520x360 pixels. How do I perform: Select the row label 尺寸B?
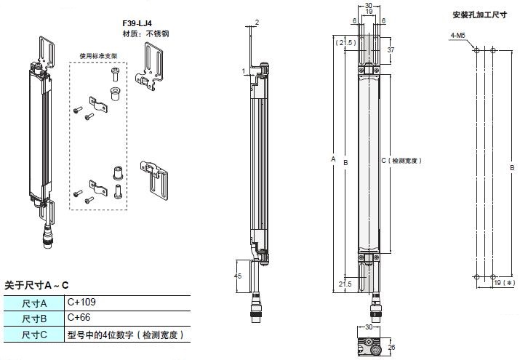pos(34,319)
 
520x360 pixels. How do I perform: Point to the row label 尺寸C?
pos(34,335)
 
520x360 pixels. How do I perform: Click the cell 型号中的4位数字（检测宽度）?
pos(124,335)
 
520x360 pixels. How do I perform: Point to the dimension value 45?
pos(239,276)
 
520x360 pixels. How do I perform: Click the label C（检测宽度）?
pos(401,160)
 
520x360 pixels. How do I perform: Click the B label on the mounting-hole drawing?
pos(512,167)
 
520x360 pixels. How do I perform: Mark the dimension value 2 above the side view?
pos(257,23)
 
